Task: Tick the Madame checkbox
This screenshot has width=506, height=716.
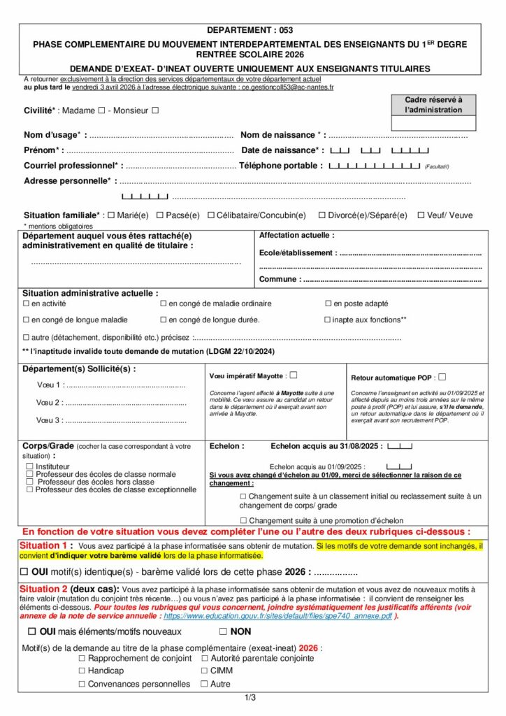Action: coord(102,110)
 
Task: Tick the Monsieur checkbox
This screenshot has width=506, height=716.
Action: coord(155,110)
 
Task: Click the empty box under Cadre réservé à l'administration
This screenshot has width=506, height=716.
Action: coord(433,123)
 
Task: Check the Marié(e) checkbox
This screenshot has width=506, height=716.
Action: coord(111,215)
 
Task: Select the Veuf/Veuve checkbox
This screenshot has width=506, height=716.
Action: coord(421,215)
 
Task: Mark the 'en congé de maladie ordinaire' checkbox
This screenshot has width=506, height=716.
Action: coord(164,303)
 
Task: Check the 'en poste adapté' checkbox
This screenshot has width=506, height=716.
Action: coord(328,303)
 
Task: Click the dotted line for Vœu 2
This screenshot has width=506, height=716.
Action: coord(126,403)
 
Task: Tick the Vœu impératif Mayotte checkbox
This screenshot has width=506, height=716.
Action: coord(294,375)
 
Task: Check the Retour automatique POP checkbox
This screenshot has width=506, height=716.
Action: coord(442,377)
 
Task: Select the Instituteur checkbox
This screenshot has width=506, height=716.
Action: coord(29,466)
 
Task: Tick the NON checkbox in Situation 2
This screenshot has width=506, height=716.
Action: coord(223,631)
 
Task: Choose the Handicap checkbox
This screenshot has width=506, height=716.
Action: coord(82,671)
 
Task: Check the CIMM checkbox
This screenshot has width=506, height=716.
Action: coord(205,671)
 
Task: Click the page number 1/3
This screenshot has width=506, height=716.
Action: coord(250,697)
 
